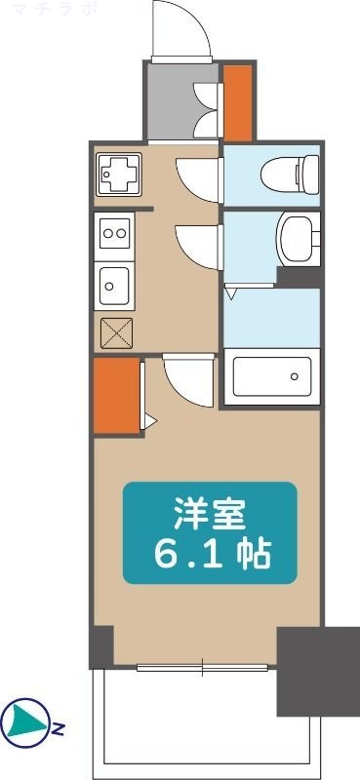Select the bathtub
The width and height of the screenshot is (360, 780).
click(x=271, y=376)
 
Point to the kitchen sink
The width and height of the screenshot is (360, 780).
click(x=115, y=286)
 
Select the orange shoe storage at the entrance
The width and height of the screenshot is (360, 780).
click(x=237, y=102)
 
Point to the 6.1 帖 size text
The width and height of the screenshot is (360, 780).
click(x=209, y=553)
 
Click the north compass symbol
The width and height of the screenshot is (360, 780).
click(x=23, y=721)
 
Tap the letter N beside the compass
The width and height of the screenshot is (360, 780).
click(x=59, y=727)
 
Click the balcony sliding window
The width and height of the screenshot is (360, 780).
click(x=203, y=668)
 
